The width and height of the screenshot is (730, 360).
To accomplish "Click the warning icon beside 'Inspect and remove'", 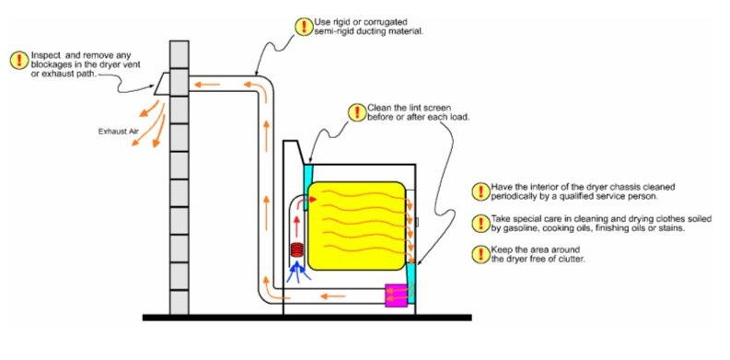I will pyautogui.click(x=17, y=61).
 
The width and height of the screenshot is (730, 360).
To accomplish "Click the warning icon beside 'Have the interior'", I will pyautogui.click(x=479, y=192).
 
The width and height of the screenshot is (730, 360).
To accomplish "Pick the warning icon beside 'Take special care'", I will pyautogui.click(x=479, y=222).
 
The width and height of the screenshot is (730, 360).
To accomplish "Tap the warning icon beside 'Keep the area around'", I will pyautogui.click(x=479, y=254).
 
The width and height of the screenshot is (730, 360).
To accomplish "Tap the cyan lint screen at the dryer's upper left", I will pyautogui.click(x=307, y=172).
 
